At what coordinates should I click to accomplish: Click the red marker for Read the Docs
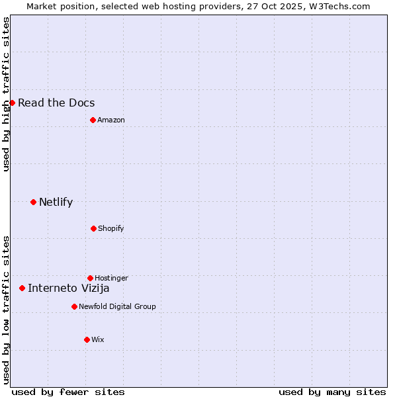coord(12,103)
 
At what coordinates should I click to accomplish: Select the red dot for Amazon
coord(93,120)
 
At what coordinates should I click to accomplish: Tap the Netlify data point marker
coord(33,202)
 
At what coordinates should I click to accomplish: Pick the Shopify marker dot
coord(93,228)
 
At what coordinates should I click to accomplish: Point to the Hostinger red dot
coord(90,278)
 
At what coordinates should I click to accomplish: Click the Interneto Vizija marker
coord(22,288)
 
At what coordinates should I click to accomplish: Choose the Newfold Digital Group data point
coord(74,306)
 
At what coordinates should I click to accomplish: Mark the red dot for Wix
coord(87,339)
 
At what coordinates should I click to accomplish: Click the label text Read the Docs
coord(56,103)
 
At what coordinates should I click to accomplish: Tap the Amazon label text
coord(111,120)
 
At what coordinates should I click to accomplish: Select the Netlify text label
coord(56,202)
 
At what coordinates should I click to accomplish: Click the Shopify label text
coord(111,228)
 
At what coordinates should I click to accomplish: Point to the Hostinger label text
coord(111,278)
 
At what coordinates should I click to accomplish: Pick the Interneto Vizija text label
coord(68,288)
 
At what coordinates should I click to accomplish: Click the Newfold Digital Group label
coord(117,306)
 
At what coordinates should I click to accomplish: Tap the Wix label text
coord(98,339)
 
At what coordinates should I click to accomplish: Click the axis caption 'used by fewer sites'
coord(68,392)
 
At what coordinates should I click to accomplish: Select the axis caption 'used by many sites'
coord(332,392)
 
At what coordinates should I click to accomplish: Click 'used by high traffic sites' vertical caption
coord(6,94)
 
